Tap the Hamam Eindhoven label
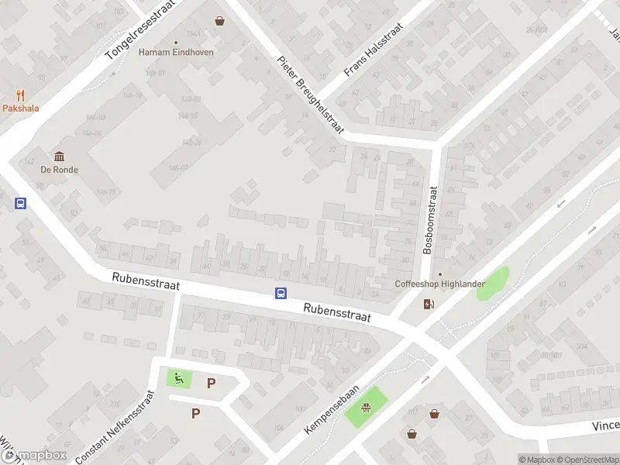(176, 53)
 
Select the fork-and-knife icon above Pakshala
(20, 95)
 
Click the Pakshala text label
(20, 108)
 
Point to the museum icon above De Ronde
(59, 157)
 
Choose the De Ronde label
(60, 170)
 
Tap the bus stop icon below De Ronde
(21, 204)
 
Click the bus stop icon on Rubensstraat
(281, 293)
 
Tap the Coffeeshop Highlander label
(440, 284)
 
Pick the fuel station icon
(429, 304)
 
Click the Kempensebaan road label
(332, 411)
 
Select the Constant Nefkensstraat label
(116, 426)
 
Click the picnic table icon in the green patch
(365, 406)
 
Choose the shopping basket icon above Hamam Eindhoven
(221, 21)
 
